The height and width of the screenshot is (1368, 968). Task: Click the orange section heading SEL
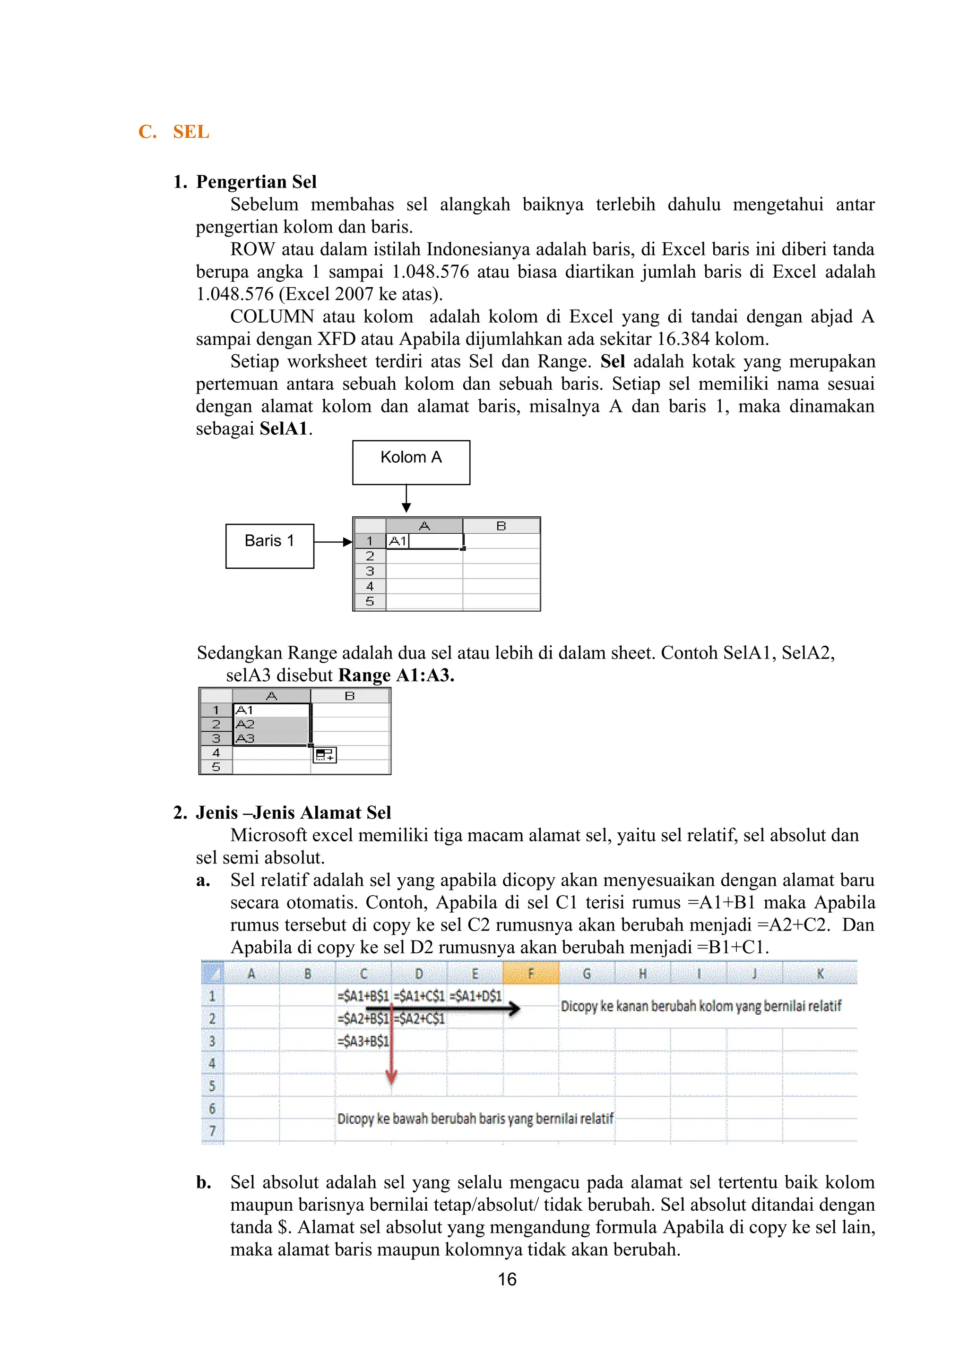click(x=191, y=132)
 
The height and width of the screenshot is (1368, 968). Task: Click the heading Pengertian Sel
click(x=256, y=182)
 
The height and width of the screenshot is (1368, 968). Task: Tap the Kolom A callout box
click(x=411, y=462)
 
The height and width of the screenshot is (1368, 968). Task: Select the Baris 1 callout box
click(x=269, y=546)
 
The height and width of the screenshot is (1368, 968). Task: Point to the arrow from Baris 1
click(x=333, y=542)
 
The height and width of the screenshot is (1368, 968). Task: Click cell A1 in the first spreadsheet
click(x=424, y=541)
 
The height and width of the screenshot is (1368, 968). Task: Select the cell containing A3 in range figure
click(x=271, y=739)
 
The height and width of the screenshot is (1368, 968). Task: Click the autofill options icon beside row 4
click(x=325, y=755)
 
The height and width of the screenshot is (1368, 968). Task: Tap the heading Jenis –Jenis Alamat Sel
click(x=293, y=812)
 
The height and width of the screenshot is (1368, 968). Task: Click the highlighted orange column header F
click(x=530, y=974)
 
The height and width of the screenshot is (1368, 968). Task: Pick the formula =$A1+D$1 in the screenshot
click(x=475, y=996)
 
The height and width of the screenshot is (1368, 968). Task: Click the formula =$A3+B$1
click(x=363, y=1042)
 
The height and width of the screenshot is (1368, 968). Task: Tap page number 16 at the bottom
click(x=507, y=1279)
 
